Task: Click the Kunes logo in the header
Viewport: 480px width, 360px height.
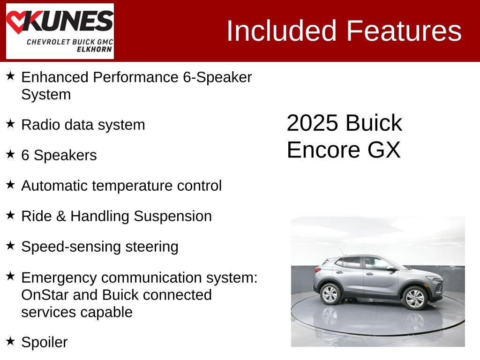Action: (60, 30)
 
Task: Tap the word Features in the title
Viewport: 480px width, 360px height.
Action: (404, 31)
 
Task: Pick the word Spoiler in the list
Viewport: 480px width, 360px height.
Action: (45, 342)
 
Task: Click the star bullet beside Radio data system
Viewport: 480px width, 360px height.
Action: (10, 124)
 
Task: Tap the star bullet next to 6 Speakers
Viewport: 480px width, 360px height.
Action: (10, 154)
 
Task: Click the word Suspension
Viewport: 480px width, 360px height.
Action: (172, 216)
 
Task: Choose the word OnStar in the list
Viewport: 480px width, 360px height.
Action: (42, 295)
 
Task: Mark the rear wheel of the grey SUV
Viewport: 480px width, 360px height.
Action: (330, 294)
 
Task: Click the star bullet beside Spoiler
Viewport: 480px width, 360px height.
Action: (10, 341)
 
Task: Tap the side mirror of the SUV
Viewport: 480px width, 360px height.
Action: (390, 268)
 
